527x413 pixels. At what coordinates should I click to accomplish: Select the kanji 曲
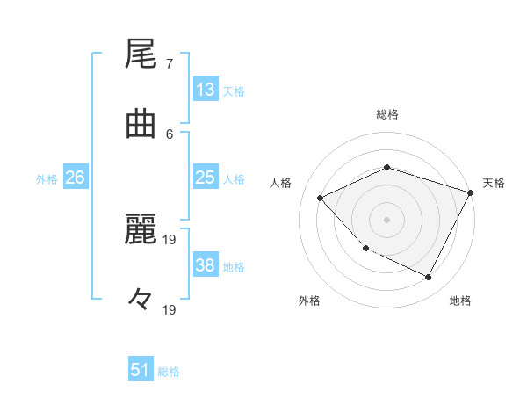[x=141, y=125]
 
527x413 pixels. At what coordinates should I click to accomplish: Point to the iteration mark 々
[x=141, y=300]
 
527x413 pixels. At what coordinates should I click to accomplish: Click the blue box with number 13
[x=206, y=90]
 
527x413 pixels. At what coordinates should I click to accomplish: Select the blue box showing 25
[x=206, y=178]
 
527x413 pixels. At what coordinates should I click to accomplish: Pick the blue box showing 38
[x=206, y=265]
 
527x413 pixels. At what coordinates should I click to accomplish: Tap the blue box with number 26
[x=76, y=178]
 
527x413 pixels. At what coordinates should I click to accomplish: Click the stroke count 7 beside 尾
[x=169, y=64]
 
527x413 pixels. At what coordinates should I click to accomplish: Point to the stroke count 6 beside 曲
[x=169, y=133]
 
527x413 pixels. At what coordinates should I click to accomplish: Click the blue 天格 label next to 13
[x=234, y=91]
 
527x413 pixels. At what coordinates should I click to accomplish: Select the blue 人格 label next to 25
[x=234, y=179]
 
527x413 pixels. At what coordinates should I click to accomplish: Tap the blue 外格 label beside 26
[x=47, y=179]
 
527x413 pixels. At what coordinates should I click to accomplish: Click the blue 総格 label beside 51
[x=169, y=372]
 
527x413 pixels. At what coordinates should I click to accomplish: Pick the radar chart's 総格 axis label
[x=386, y=114]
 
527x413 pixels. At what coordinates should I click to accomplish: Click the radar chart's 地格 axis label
[x=460, y=301]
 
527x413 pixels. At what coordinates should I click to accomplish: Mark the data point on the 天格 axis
[x=471, y=192]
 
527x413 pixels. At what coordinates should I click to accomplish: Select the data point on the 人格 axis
[x=321, y=199]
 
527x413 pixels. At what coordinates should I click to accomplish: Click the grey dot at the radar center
[x=386, y=219]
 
